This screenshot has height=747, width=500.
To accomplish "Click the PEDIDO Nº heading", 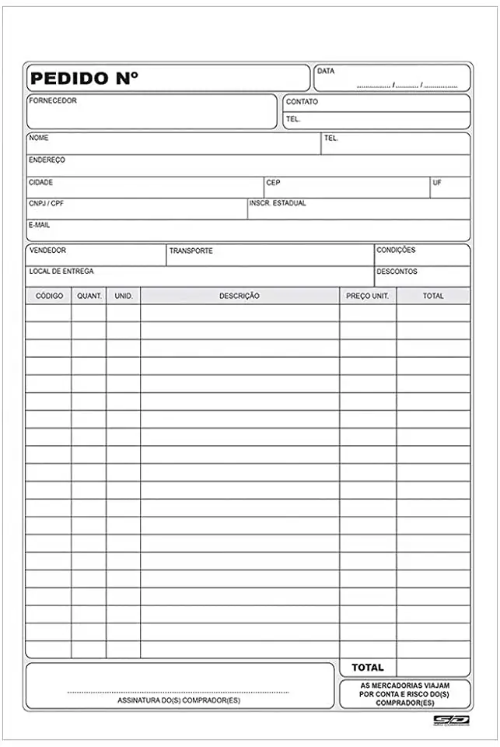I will coord(84,79).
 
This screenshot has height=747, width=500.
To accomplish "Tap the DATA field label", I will coord(326,72).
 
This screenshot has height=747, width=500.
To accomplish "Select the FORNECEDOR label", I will coord(53,100).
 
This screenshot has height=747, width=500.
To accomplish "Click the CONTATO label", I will coord(302,102).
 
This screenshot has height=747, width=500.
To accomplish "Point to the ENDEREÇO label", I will coord(47,160).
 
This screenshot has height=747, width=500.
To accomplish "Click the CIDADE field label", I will coord(41,182).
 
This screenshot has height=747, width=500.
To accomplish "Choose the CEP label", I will coord(273,183).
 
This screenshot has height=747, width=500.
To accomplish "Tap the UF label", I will coord(437,183).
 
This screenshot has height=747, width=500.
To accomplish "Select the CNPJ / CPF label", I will coord(46,203).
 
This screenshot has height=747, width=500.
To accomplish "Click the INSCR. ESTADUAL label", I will coord(278,203).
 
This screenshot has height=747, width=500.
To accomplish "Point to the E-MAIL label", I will coord(40,225).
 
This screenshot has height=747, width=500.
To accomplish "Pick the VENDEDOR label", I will coord(47,251).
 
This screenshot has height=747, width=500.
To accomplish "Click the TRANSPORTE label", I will coord(191,251).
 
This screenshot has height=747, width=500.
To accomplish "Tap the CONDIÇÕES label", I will coord(396,251).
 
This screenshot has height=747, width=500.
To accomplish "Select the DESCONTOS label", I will coord(397,272).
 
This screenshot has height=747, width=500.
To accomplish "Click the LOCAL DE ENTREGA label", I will coord(61,272).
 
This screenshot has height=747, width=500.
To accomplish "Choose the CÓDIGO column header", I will coord(49,296).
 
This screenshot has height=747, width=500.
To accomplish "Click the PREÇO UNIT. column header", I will coord(368,296).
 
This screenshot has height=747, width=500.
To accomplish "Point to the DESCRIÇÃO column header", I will coord(240,296).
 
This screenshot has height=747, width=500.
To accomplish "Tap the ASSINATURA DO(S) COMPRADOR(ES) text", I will coord(179,700).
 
